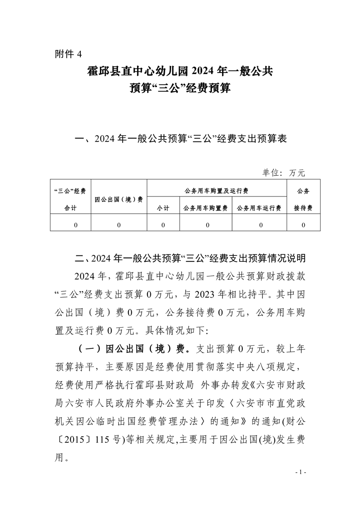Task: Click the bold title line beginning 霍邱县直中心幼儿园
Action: [180, 71]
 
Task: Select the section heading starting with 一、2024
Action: [180, 139]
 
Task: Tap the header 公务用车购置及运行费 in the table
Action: [217, 191]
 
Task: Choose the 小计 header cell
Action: [163, 208]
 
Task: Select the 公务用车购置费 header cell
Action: [205, 208]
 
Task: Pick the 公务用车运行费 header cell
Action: [259, 208]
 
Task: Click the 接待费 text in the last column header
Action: [303, 208]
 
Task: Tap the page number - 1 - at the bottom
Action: [301, 473]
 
